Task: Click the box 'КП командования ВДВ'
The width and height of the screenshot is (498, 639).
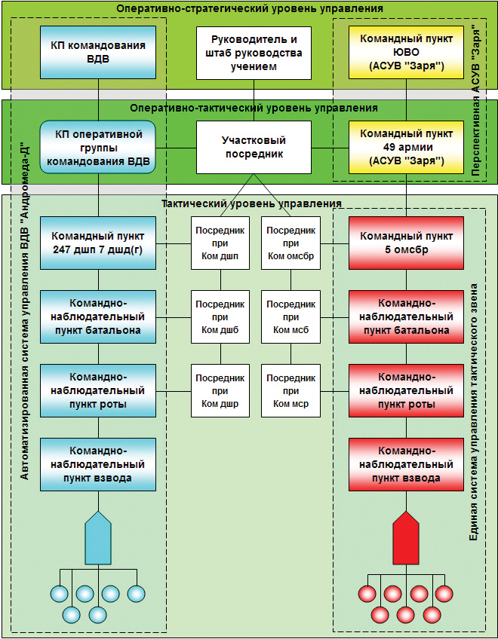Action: tap(98, 53)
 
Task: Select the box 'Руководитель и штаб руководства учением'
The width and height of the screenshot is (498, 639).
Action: tap(254, 53)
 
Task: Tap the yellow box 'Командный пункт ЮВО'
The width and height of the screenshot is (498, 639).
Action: tap(406, 53)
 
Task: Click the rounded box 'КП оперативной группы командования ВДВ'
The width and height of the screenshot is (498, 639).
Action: tap(98, 147)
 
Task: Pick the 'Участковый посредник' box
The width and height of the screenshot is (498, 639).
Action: tap(254, 147)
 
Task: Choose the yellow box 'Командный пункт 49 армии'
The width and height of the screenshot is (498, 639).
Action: tap(406, 147)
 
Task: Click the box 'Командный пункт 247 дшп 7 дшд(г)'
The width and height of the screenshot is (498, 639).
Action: tap(98, 243)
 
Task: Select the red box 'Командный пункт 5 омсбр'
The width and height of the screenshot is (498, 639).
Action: tap(406, 243)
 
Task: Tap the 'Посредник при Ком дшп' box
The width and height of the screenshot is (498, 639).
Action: tap(220, 243)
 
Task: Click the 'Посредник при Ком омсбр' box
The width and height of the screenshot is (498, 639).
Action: tap(291, 243)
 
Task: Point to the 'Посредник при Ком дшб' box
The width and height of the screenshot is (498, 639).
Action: tap(220, 316)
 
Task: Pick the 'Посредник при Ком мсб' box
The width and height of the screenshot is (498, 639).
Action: tap(291, 316)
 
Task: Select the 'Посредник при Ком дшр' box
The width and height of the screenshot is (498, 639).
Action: tap(220, 390)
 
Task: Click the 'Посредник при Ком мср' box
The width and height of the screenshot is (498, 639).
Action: tap(291, 390)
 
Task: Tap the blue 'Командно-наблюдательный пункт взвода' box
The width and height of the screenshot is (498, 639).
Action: tap(98, 464)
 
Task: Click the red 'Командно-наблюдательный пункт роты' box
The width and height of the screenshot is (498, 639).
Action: tap(406, 390)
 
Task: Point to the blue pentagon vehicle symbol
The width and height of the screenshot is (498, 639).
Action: tap(98, 537)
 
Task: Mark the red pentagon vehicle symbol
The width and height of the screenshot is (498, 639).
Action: tap(406, 537)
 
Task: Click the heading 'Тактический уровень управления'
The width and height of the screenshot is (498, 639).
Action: tap(251, 203)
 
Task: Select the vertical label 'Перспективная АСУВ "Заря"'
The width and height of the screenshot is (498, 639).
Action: tap(476, 100)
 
